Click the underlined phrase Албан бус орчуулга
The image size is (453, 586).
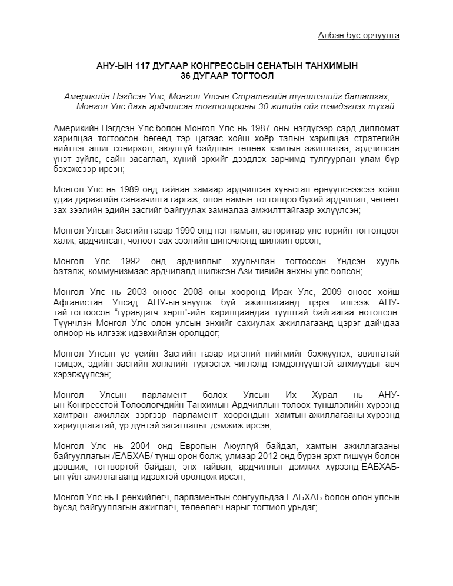click(x=359, y=35)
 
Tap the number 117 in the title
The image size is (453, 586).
click(x=144, y=66)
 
